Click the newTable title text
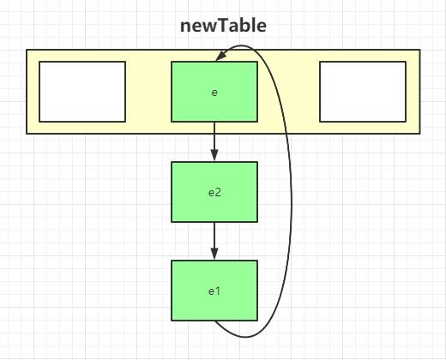[223, 26]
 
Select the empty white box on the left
[82, 92]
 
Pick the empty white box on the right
[363, 92]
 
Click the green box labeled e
[214, 92]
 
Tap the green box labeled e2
[214, 192]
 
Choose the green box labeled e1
[214, 291]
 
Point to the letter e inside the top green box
[214, 93]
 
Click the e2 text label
[214, 193]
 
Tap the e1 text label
[214, 291]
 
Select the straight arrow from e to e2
[214, 141]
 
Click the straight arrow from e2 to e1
[214, 241]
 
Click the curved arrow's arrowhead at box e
[220, 56]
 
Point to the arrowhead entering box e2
[214, 155]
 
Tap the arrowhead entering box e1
[214, 254]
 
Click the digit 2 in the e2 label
[218, 192]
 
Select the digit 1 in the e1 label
[218, 291]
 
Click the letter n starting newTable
[185, 27]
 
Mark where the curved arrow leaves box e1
[214, 321]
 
